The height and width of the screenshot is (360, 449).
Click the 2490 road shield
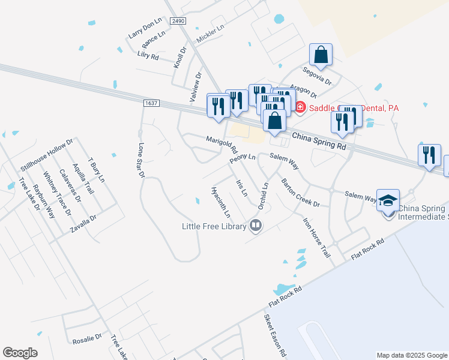(x=178, y=20)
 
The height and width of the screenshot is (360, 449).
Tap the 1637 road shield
(x=151, y=103)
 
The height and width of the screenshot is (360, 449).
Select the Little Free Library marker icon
(x=256, y=226)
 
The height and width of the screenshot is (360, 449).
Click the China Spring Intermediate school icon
(x=388, y=200)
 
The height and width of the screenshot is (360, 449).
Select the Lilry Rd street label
(x=147, y=56)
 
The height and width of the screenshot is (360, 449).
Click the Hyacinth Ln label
(x=221, y=202)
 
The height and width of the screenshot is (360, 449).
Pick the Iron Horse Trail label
(x=316, y=238)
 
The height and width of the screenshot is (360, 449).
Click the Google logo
(x=20, y=352)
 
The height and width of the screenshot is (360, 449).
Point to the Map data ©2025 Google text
(x=411, y=355)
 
